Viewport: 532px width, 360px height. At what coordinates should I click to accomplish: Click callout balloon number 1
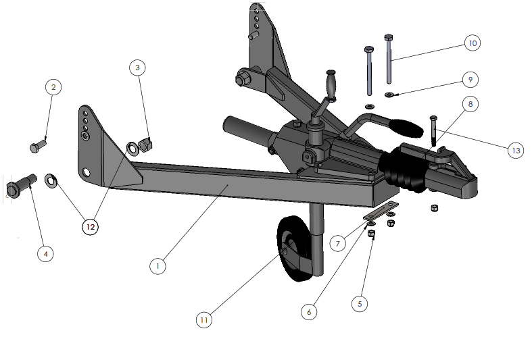(158, 266)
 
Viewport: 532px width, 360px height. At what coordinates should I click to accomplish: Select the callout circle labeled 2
(53, 87)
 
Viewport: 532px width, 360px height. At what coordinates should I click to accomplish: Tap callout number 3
(137, 68)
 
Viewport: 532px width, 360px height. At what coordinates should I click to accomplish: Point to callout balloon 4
(46, 253)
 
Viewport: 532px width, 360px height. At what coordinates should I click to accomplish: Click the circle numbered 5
(360, 304)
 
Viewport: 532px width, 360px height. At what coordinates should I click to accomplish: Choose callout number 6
(309, 312)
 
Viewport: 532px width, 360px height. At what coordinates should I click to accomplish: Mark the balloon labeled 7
(337, 243)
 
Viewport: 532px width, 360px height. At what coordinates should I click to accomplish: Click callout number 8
(470, 104)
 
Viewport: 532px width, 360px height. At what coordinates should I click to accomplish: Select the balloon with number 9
(470, 79)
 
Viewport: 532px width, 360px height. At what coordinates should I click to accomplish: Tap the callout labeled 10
(473, 43)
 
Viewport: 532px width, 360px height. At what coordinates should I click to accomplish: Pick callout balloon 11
(204, 319)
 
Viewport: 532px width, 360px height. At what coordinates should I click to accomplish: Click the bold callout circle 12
(91, 226)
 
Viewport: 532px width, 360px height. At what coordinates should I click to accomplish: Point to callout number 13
(516, 150)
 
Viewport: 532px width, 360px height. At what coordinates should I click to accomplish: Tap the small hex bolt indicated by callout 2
(38, 146)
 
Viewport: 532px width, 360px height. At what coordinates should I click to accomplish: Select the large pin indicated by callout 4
(21, 186)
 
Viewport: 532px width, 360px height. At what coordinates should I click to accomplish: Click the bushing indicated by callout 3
(145, 145)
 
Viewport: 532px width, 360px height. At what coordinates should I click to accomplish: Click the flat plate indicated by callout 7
(381, 212)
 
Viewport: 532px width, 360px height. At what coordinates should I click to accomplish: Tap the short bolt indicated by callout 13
(433, 131)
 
